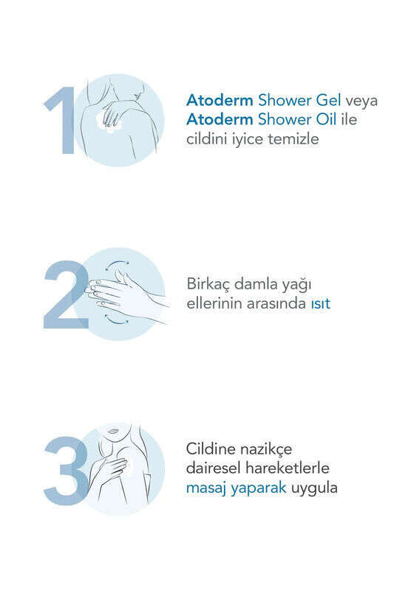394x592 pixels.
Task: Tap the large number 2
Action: click(67, 295)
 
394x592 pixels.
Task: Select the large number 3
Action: click(66, 471)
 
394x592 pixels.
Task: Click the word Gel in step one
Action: click(328, 101)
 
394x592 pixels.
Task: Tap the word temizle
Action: click(293, 139)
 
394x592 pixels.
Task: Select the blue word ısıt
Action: click(321, 303)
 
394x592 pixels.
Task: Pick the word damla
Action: click(259, 284)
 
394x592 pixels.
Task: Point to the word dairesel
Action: click(214, 468)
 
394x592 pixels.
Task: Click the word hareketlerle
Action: click(288, 468)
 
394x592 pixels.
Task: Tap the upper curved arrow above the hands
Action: click(117, 263)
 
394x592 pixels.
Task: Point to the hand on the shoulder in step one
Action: click(112, 113)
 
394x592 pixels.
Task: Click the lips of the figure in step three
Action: click(112, 431)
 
